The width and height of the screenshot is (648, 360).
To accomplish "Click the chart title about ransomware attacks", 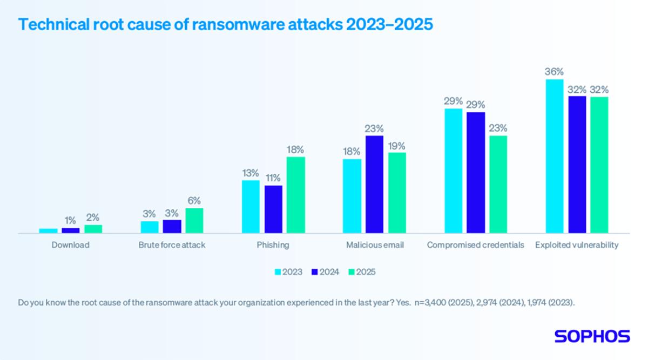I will (x=226, y=25).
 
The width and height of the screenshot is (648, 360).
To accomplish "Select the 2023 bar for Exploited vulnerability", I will (x=555, y=157).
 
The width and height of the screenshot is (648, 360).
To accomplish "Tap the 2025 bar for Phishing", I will (x=295, y=195).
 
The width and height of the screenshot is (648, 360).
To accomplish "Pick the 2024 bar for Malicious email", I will (x=375, y=185).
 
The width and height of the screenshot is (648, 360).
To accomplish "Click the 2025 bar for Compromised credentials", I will (x=498, y=185).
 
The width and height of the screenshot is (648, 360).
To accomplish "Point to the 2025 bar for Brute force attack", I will (x=194, y=221).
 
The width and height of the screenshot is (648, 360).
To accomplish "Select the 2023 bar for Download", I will (x=49, y=231).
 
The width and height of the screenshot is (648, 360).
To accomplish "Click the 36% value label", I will (x=555, y=72).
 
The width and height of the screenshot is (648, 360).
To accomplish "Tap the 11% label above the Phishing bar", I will (x=273, y=178).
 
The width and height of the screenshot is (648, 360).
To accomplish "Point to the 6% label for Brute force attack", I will (x=194, y=200).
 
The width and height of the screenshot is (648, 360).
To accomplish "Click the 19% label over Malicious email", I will (x=397, y=145).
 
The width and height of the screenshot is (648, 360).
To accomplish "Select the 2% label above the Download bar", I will (x=93, y=218).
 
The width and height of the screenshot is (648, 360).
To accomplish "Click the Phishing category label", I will (x=273, y=245).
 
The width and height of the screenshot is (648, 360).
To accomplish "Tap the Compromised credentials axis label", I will (x=475, y=245).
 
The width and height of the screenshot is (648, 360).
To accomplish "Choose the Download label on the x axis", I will (x=71, y=245).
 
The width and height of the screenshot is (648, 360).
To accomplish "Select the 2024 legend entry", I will (x=325, y=272).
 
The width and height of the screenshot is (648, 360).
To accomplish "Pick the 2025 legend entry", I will (x=361, y=272).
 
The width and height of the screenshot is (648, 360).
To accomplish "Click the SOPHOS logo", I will (x=592, y=336).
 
